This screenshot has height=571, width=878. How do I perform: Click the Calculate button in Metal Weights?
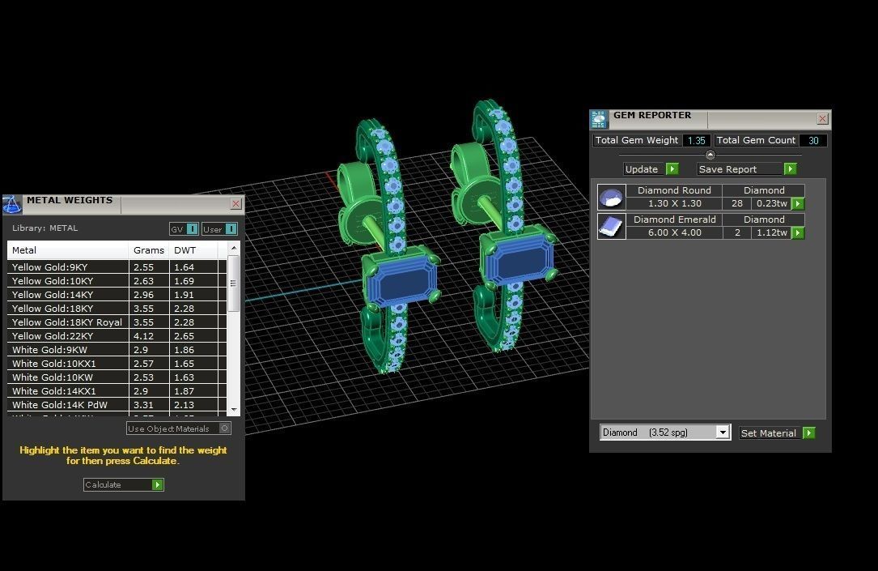tap(123, 484)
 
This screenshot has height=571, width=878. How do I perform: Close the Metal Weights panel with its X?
tap(235, 204)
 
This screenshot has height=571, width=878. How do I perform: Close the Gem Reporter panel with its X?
tap(822, 119)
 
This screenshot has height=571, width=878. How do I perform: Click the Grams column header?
tap(149, 250)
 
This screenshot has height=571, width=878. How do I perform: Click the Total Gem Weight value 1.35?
tap(695, 141)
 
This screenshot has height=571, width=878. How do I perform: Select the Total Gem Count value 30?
tap(812, 141)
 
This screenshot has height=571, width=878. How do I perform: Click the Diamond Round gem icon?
tap(611, 198)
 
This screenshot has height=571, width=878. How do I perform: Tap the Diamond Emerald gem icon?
tap(611, 227)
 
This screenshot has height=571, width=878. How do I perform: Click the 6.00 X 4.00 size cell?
tap(674, 233)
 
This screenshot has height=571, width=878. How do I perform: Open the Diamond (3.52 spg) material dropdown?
tap(665, 433)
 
